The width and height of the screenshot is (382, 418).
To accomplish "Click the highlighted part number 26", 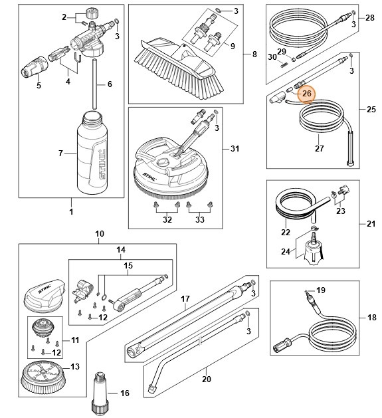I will click(x=306, y=94).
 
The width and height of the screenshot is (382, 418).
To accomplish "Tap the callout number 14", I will click(x=121, y=251).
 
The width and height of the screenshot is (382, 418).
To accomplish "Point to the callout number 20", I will click(x=206, y=380).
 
